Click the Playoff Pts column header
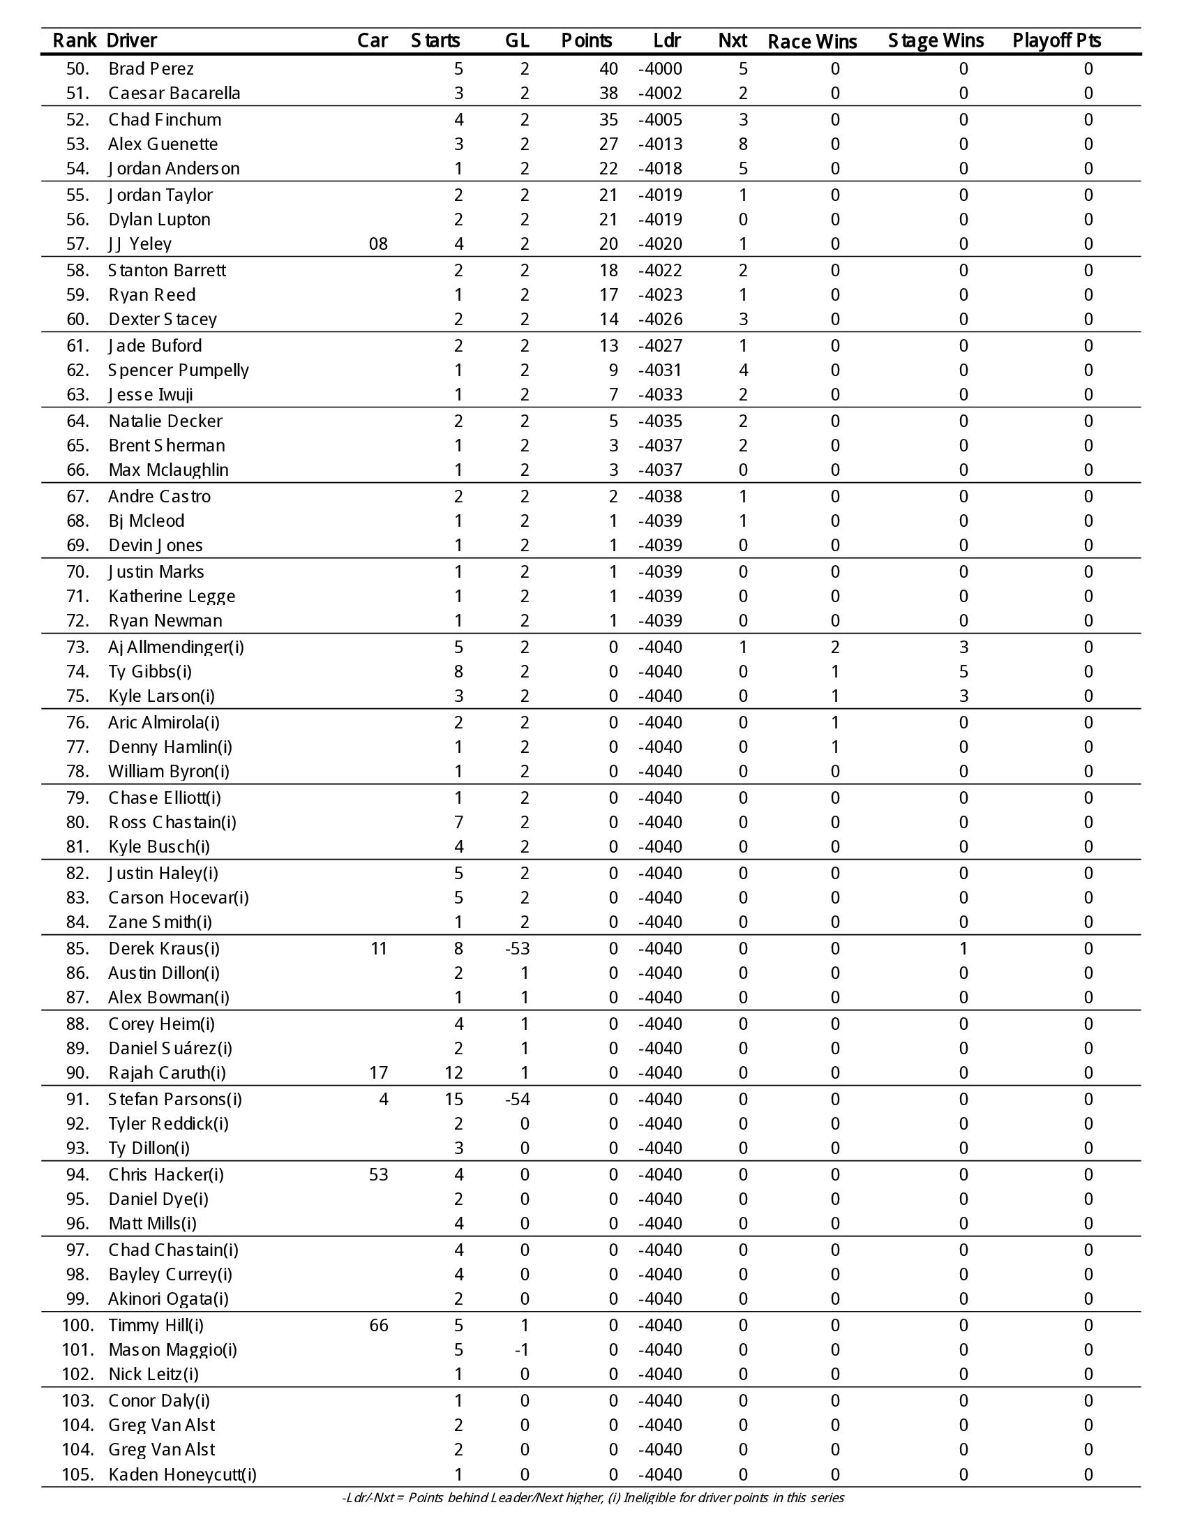(1056, 40)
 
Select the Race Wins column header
(812, 41)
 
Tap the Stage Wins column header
(936, 40)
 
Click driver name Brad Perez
(151, 69)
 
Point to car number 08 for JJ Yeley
(378, 244)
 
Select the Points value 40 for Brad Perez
(608, 69)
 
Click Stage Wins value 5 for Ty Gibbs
(963, 671)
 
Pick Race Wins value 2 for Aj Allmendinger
(834, 647)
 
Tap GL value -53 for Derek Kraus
(517, 948)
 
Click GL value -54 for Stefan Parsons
(517, 1098)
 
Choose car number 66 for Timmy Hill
(378, 1325)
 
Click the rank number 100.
(77, 1325)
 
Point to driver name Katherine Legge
(172, 596)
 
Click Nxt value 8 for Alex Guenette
(743, 144)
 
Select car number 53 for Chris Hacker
(378, 1174)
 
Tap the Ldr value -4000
(660, 69)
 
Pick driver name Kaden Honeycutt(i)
(182, 1474)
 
